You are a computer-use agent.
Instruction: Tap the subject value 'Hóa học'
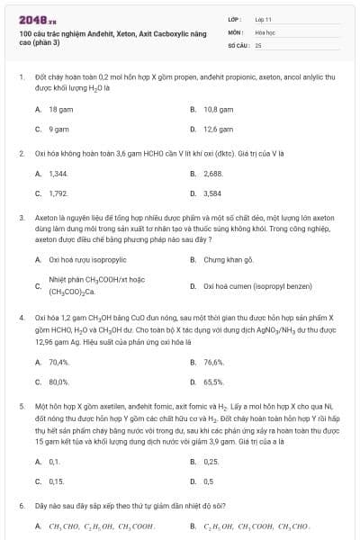click(x=265, y=31)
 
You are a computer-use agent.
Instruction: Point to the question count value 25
click(x=258, y=44)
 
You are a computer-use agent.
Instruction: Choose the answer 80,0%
click(x=58, y=382)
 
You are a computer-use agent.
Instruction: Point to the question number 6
click(x=21, y=506)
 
